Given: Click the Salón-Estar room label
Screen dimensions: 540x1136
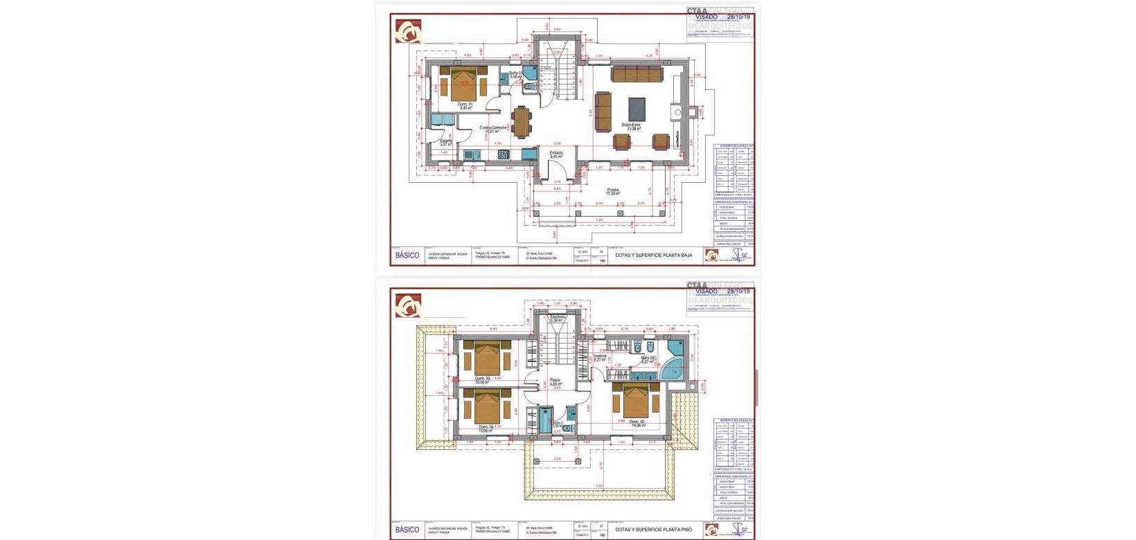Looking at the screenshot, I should pos(630,125).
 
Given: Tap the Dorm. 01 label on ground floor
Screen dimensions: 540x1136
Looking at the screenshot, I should pos(465,105).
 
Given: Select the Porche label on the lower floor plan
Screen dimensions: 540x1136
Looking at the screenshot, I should pos(613,190).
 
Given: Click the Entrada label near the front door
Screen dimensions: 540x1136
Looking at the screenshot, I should pos(556,153).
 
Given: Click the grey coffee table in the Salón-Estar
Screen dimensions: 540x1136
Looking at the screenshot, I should pos(637,108).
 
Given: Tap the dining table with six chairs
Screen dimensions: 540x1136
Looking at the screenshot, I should pos(521,121).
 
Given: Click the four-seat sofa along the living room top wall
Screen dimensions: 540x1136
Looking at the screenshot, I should pos(637,73).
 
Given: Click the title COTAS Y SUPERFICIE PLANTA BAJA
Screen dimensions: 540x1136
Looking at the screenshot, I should pos(653,255).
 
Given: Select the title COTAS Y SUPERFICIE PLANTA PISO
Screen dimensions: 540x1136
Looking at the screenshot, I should pos(653,530).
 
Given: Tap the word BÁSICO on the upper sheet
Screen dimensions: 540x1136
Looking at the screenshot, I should pos(407,255).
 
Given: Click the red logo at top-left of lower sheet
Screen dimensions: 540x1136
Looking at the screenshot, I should pos(408,305).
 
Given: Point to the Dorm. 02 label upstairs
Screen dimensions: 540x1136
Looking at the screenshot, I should pos(637,422).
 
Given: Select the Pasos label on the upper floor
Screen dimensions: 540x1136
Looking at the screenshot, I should pos(555,380).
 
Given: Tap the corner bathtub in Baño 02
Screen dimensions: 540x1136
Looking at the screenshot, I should pos(671,370).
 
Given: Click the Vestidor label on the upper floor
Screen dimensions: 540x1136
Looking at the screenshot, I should pos(599,356).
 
